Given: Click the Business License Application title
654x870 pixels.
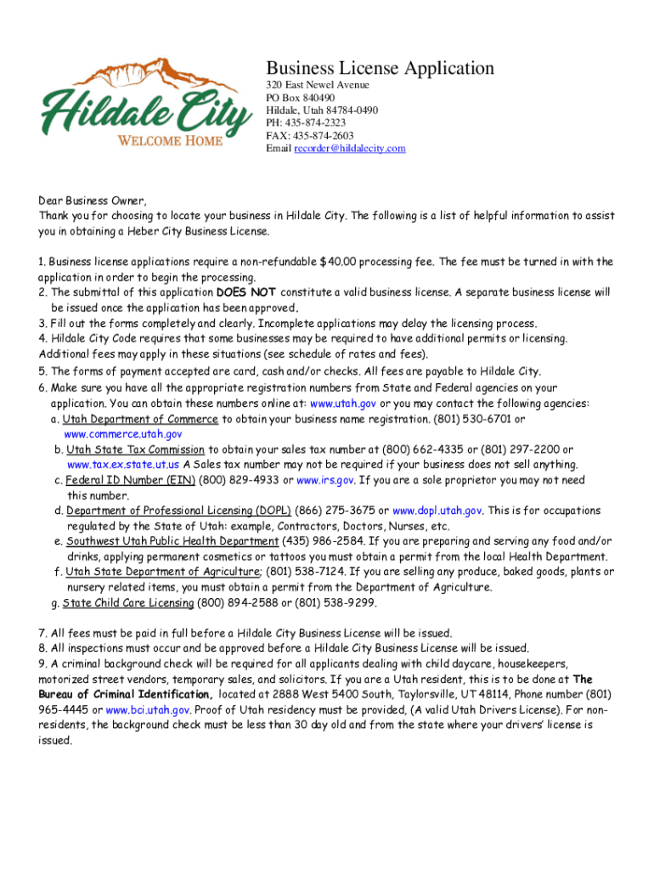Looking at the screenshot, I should (380, 68).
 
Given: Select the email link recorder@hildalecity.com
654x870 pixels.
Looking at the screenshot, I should (349, 149).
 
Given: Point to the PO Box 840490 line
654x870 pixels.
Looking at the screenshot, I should (295, 99).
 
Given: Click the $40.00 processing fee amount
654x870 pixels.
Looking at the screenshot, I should (349, 262).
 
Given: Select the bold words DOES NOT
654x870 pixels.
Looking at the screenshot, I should (246, 292).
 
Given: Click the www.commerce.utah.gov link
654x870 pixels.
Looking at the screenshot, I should (123, 434).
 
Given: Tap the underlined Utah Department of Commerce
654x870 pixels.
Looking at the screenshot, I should (140, 419).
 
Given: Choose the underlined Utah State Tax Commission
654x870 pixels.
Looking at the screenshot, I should (136, 449).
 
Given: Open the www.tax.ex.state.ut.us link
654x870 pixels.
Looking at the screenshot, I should (123, 465).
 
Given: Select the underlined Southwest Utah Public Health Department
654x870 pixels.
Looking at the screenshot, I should (173, 541).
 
